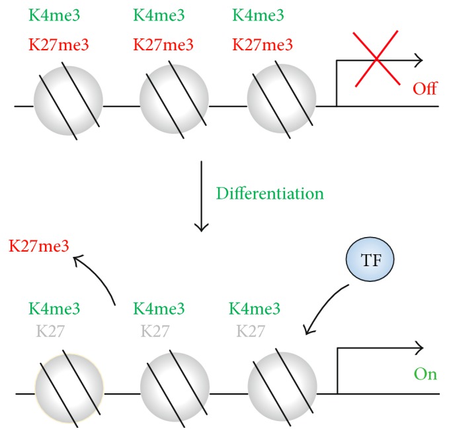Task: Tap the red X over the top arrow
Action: coord(376,60)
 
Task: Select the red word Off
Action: coord(425,89)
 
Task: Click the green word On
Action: coord(425,374)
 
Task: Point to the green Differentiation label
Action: coord(269,194)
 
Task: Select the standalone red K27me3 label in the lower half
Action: coord(38,247)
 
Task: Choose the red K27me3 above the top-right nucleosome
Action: coord(263,45)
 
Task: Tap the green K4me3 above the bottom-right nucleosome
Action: coord(255,309)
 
